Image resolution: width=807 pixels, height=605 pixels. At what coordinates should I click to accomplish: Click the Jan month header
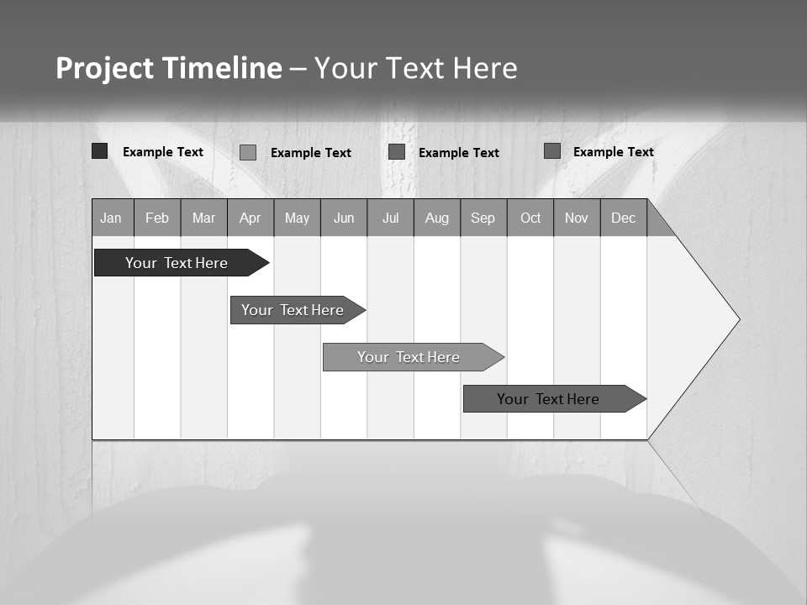point(112,218)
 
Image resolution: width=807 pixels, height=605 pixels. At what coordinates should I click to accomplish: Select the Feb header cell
point(157,218)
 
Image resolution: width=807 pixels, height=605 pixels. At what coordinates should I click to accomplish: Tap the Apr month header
point(251,218)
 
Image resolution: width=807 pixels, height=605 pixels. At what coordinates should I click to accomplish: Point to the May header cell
point(297,218)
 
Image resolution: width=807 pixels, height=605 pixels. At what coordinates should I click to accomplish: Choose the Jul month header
point(390,218)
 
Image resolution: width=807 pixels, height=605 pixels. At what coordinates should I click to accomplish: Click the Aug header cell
point(437,218)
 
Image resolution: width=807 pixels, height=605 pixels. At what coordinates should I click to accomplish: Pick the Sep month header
point(483,218)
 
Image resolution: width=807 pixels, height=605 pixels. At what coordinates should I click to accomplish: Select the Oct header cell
point(530,218)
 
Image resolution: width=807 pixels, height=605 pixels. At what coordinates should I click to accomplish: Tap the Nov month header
point(577,218)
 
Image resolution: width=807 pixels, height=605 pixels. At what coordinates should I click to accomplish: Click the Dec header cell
point(624,218)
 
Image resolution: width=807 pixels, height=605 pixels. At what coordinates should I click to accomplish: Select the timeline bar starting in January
point(177,263)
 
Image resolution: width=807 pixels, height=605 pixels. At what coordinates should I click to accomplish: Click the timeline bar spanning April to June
point(293,310)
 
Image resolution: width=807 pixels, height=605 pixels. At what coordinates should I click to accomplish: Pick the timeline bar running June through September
point(409,357)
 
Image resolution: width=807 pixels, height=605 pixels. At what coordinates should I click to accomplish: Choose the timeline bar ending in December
point(548,399)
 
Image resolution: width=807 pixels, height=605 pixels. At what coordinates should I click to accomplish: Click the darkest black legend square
point(99,151)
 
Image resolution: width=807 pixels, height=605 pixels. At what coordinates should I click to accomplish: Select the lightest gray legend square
point(248,152)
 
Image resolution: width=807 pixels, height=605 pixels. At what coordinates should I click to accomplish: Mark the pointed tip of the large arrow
point(739,319)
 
